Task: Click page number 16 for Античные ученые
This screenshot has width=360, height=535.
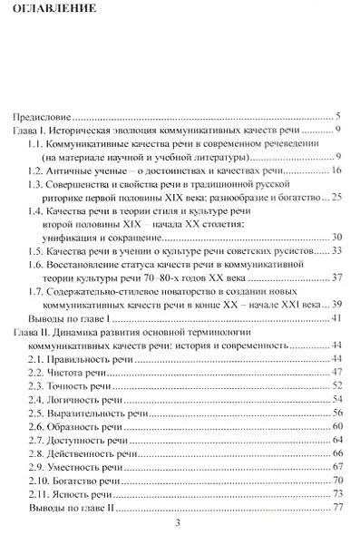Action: click(x=335, y=170)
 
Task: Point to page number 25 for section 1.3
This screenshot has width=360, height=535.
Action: click(x=335, y=198)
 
